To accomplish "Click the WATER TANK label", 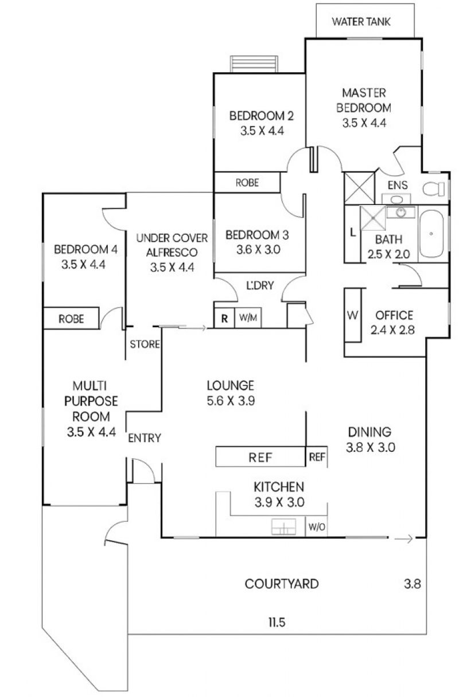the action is tap(361, 22).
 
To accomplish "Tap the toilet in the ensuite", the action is tap(434, 189).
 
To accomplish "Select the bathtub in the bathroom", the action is tap(431, 234).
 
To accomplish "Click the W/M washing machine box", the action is tap(248, 317).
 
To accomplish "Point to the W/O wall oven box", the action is tap(317, 527).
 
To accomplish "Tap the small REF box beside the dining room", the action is tap(317, 457).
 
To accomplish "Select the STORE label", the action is tap(145, 344).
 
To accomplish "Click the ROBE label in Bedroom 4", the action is tap(71, 319).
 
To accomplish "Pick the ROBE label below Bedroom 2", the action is tap(247, 183).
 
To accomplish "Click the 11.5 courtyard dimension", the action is tap(277, 622).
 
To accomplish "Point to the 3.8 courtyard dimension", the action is tap(413, 584).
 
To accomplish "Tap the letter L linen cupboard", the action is tap(352, 232).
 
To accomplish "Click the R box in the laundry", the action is tap(224, 318).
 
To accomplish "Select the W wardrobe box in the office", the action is tap(353, 315).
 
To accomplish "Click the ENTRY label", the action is tap(145, 438).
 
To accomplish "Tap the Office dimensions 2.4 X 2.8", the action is tap(392, 330).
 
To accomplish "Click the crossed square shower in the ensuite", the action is tap(359, 188).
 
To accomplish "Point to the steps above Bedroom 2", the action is tap(254, 64).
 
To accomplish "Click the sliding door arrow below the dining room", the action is tap(403, 539).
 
